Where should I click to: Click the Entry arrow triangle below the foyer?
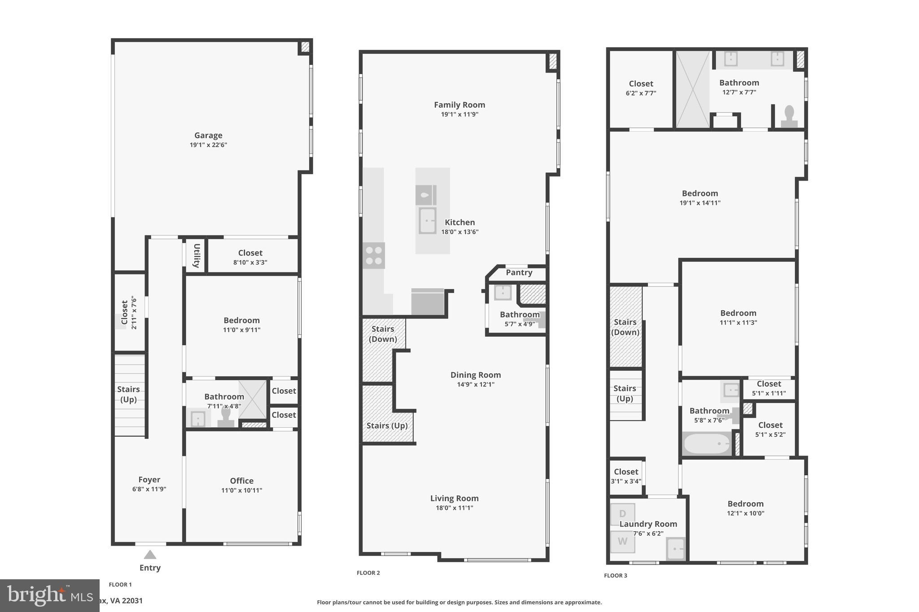tap(150, 555)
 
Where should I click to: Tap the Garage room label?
tap(208, 135)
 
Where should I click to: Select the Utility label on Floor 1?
tap(197, 256)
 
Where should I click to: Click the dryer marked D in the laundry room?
tap(622, 514)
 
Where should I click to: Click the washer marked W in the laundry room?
tap(622, 542)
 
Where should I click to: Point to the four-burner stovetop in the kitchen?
tap(373, 256)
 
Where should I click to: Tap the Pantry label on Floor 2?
tap(519, 273)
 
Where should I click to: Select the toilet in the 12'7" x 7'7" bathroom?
tap(789, 117)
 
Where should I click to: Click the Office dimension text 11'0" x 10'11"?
tap(241, 490)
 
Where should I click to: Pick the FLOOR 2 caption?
tap(368, 573)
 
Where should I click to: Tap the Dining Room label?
tap(475, 375)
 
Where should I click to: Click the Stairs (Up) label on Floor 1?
tap(128, 394)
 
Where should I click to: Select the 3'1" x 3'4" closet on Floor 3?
tap(626, 476)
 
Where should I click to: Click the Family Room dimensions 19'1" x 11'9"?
tap(459, 115)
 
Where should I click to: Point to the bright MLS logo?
tap(49, 595)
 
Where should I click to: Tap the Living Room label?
tap(454, 498)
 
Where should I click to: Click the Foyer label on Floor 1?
tap(149, 480)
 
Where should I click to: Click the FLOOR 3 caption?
tap(615, 576)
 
